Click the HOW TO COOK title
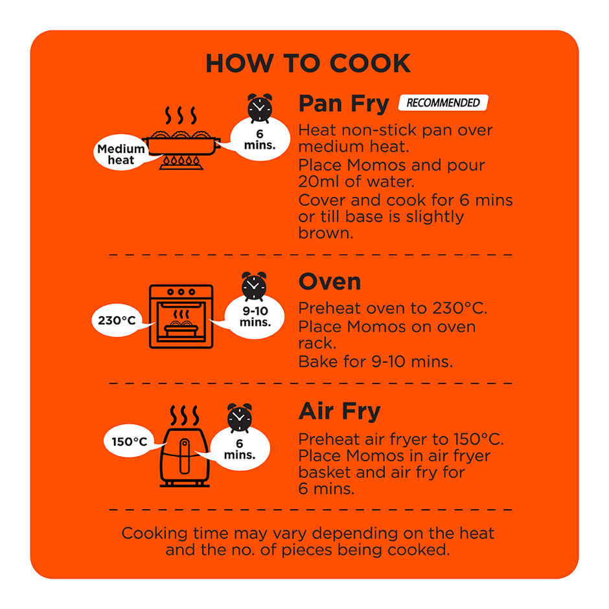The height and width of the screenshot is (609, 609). tap(308, 63)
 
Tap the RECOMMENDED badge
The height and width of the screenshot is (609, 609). tap(443, 102)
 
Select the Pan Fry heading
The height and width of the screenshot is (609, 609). tap(344, 104)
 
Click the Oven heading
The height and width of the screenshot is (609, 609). tap(330, 282)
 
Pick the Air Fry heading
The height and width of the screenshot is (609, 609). tap(339, 411)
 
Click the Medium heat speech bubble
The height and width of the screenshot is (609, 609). tap(121, 153)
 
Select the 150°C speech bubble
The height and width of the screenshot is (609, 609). tap(130, 441)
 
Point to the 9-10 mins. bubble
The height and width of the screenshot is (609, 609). tap(255, 317)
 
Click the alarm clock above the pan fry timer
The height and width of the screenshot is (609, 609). tap(260, 108)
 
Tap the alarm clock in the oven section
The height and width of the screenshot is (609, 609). tap(254, 286)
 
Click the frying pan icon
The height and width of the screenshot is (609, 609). tap(181, 144)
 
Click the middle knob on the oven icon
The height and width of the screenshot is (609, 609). tap(181, 292)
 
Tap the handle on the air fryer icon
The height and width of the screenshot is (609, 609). tap(185, 456)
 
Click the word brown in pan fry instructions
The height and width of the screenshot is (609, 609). tap(325, 233)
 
